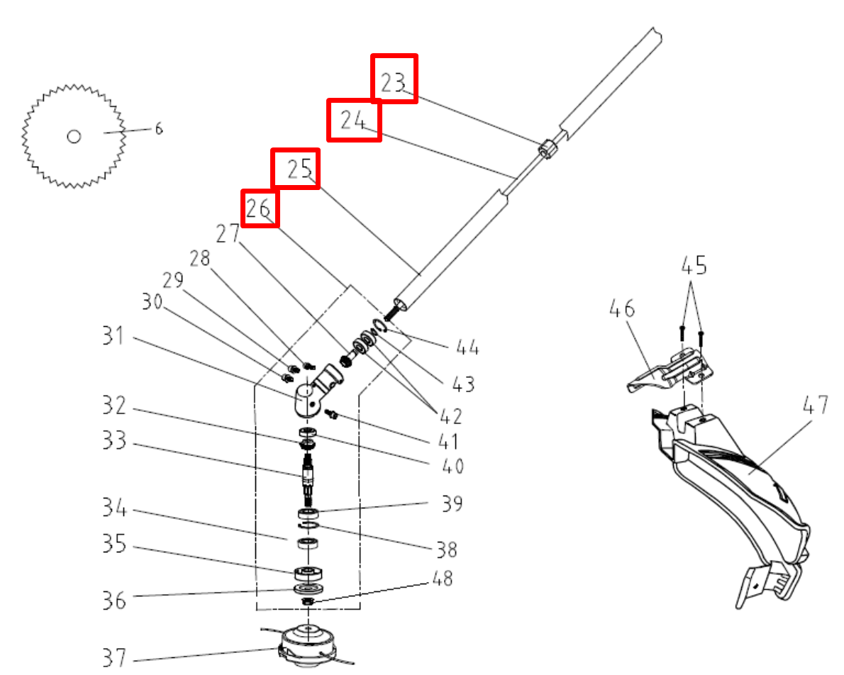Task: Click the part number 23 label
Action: pos(394,83)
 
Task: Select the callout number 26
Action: pos(259,208)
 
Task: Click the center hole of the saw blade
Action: pos(74,135)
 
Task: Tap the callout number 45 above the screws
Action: pos(694,267)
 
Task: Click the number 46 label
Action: pos(622,310)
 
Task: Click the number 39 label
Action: pos(451,503)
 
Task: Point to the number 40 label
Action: pos(450,466)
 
